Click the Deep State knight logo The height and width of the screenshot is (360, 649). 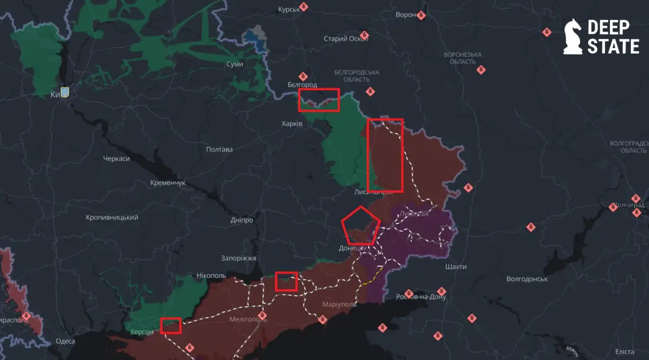(573, 37)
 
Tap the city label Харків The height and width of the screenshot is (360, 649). (292, 124)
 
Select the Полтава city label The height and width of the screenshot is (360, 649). (220, 150)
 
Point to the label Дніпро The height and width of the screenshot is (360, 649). (241, 220)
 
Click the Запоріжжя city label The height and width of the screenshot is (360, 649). (238, 258)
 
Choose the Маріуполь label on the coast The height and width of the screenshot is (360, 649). (339, 304)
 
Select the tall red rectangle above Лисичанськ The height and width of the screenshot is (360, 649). (385, 155)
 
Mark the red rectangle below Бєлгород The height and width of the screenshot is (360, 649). (318, 100)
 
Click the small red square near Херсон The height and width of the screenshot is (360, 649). (171, 326)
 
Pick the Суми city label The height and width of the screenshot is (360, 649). (235, 64)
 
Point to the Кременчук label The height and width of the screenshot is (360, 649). (168, 183)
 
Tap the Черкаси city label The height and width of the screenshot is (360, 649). (116, 159)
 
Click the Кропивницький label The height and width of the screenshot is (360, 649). (112, 218)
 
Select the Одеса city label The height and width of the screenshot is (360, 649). (65, 341)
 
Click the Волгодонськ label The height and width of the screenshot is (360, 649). (527, 279)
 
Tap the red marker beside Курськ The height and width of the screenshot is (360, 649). (304, 7)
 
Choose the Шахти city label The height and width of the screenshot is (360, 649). (455, 267)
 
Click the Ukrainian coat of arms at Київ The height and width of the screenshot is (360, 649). (64, 92)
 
